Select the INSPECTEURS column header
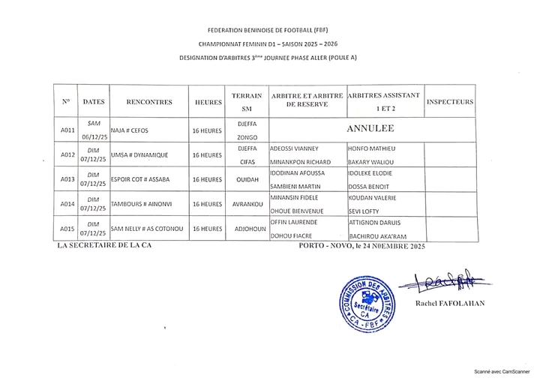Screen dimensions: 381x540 point(449,101)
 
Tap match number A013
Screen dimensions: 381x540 point(67,179)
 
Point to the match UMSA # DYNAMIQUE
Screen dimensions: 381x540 point(139,155)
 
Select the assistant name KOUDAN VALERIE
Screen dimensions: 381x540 point(373,197)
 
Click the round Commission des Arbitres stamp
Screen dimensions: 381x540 point(366,303)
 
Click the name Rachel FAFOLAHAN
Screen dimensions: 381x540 point(448,302)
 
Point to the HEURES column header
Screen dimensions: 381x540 point(208,101)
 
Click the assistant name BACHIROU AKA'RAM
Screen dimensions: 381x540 point(378,235)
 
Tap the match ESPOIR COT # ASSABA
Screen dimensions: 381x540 point(142,179)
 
